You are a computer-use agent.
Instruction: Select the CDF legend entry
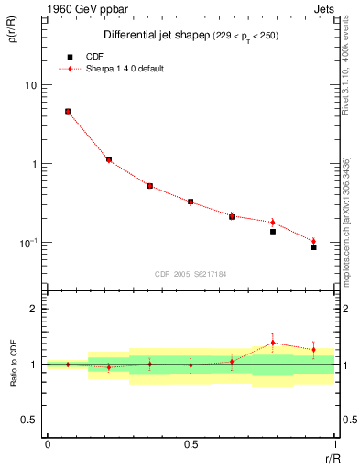pos(89,57)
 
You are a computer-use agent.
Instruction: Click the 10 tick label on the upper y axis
pos(30,85)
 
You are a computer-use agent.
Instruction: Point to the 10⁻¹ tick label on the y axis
pos(28,243)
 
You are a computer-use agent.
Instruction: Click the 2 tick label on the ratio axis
pos(33,309)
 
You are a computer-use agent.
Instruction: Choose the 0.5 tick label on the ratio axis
pos(29,420)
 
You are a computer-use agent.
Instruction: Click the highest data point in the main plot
pos(68,111)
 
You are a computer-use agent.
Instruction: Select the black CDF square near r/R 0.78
pos(273,232)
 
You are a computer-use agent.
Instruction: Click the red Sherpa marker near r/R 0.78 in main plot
pos(273,222)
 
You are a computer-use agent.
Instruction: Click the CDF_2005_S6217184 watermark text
pos(191,273)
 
